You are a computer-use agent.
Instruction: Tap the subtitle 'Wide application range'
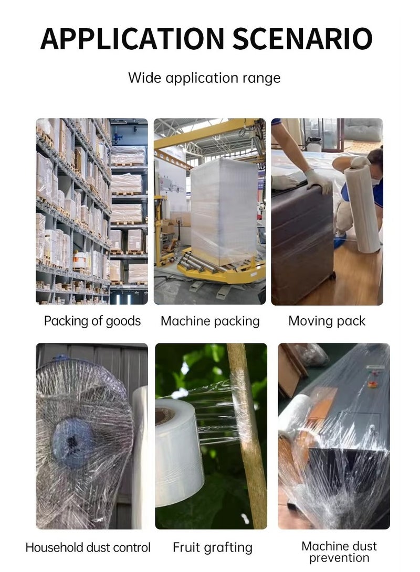204,78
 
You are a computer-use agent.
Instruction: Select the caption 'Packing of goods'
92,321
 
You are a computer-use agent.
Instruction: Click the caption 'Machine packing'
210,321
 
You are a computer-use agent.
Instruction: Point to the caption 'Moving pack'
327,321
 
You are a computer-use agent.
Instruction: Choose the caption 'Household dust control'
88,548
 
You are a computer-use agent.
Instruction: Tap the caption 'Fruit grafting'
213,548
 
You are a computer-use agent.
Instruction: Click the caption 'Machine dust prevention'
339,552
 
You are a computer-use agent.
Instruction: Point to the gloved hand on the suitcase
319,181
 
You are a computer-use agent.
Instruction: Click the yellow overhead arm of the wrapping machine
210,129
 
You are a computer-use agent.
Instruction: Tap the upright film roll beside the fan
140,446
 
